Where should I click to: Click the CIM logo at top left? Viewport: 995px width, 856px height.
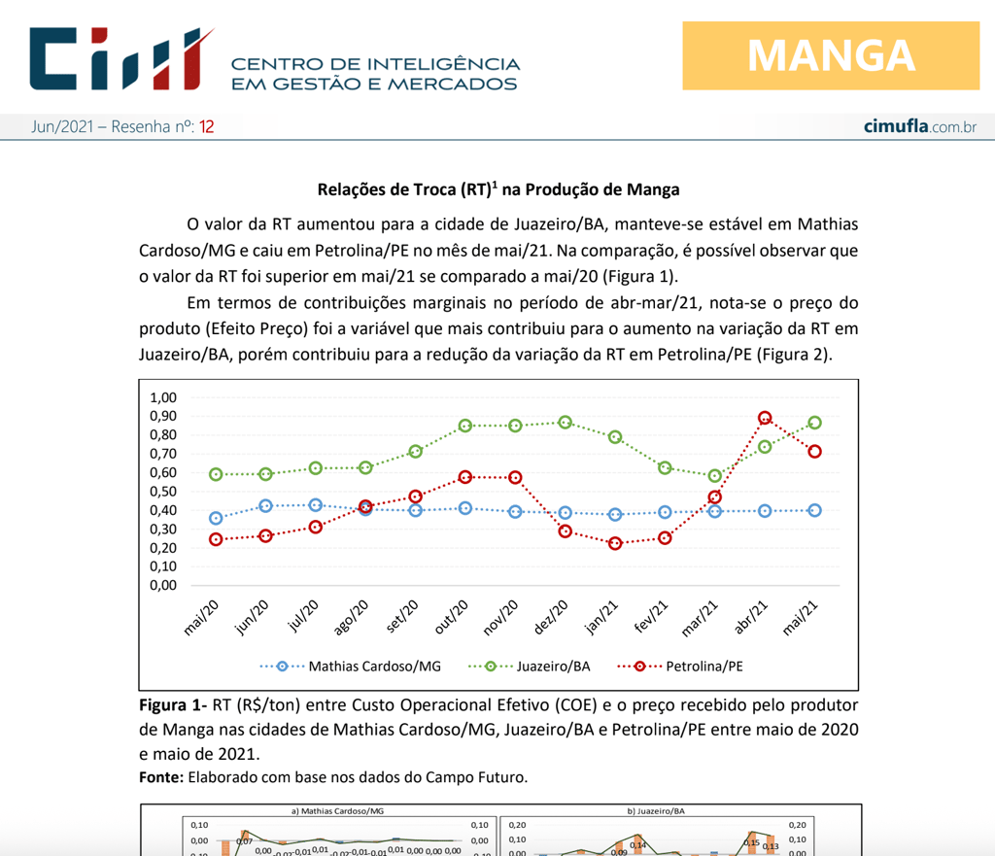coord(120,59)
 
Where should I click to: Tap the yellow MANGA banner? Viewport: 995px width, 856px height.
coord(830,55)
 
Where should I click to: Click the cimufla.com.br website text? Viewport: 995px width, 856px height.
coord(919,127)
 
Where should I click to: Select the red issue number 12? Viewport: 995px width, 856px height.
coord(207,127)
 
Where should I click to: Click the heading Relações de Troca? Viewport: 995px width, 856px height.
coord(497,189)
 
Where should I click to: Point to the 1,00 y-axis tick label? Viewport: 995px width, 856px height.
coord(163,397)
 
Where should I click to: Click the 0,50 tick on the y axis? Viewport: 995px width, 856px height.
coord(163,492)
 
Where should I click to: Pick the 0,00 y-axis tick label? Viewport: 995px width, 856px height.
coord(163,585)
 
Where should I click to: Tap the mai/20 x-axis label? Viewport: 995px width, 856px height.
coord(201,618)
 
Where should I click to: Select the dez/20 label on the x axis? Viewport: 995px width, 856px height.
coord(552,618)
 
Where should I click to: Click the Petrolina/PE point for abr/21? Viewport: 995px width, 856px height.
coord(765,418)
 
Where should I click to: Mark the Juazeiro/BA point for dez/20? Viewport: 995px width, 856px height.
coord(565,423)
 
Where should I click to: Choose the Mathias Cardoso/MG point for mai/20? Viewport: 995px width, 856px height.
coord(216,518)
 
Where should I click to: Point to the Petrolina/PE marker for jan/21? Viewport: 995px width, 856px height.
coord(615,543)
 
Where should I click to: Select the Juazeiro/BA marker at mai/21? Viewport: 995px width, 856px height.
coord(814,423)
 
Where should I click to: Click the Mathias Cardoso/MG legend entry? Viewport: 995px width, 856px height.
coord(350,667)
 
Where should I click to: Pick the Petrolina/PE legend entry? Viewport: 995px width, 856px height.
coord(691,667)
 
